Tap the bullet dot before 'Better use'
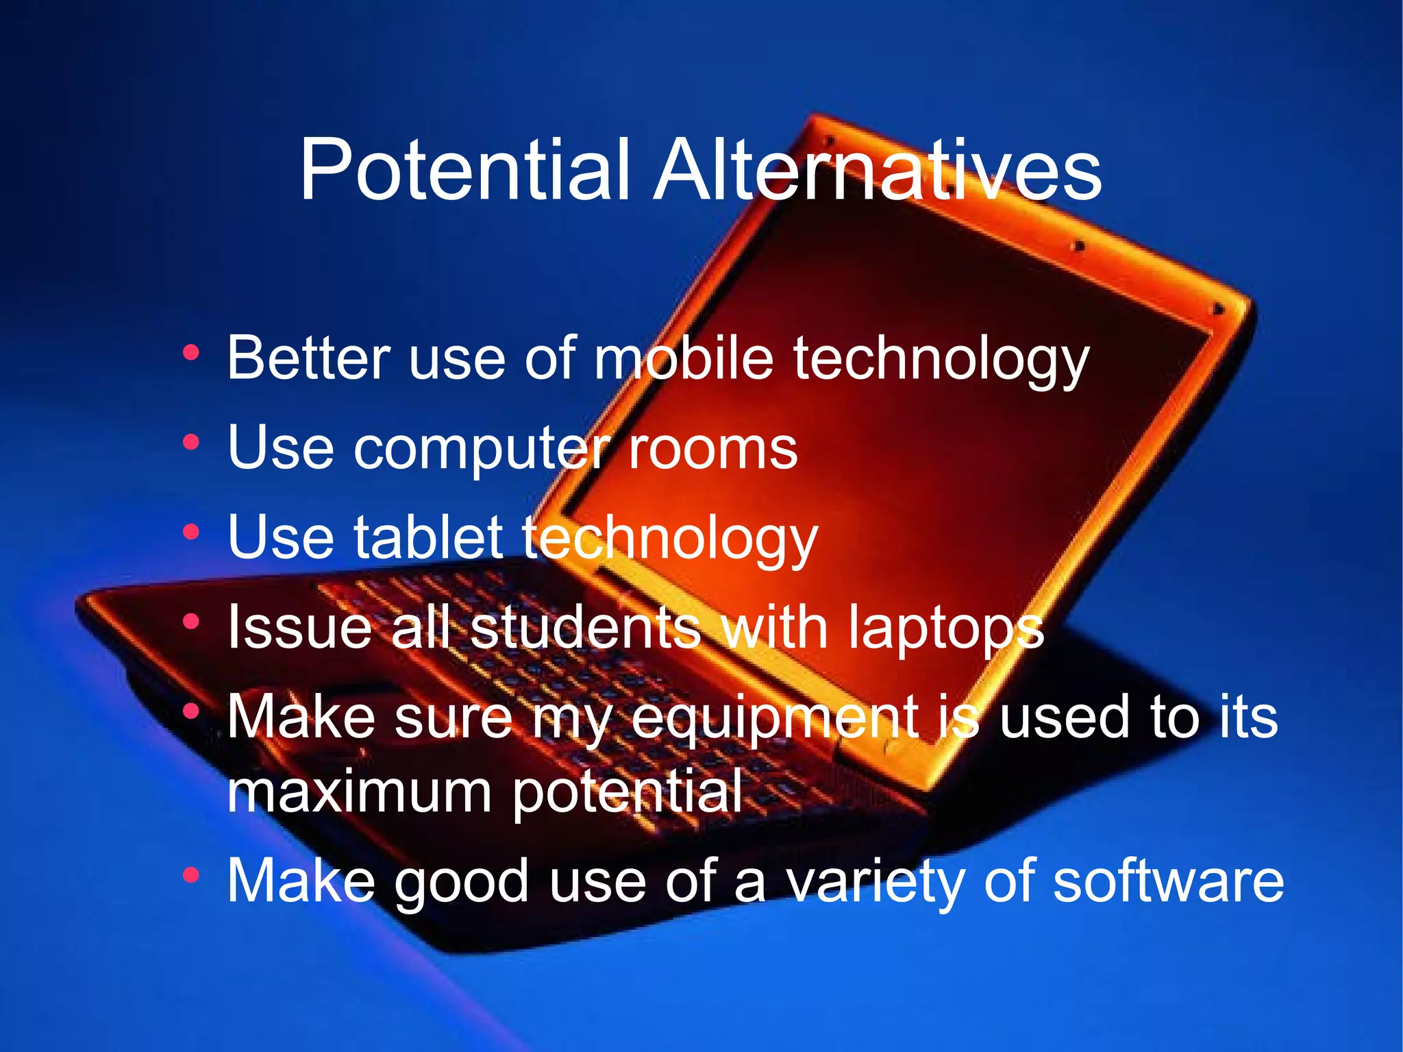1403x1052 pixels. (191, 353)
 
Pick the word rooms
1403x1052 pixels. (712, 449)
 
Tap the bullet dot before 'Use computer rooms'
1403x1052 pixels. (191, 443)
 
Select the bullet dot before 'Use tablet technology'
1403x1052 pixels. (191, 532)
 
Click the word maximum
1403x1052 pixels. (360, 792)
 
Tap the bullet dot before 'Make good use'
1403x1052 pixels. (191, 875)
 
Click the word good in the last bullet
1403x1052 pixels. (462, 883)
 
